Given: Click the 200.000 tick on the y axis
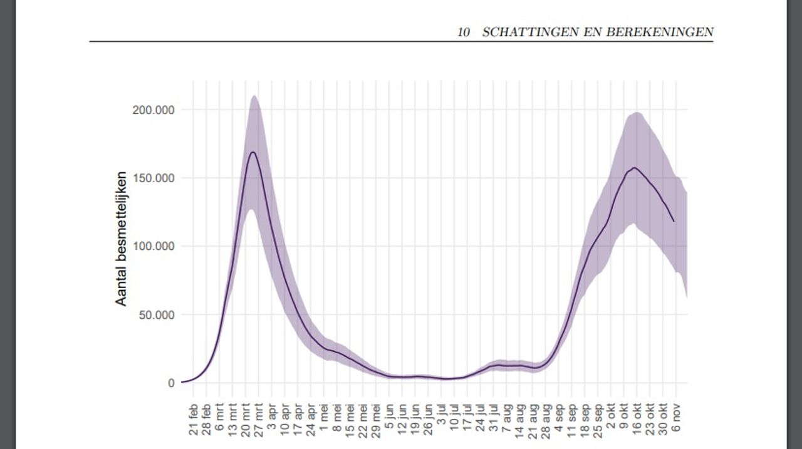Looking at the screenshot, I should (x=154, y=110).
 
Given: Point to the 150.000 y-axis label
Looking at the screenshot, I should (x=154, y=178).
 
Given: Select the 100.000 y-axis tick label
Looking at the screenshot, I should (x=154, y=247).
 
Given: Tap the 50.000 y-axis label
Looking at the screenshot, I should (x=156, y=315).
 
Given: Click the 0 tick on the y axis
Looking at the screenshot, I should (x=171, y=383).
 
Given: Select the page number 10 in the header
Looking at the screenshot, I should (x=464, y=33).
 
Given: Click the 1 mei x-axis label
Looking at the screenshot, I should (x=324, y=415).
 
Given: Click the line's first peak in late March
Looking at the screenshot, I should (x=253, y=152).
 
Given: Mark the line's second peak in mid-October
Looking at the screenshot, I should (x=635, y=167).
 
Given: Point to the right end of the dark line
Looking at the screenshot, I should (x=674, y=221).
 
